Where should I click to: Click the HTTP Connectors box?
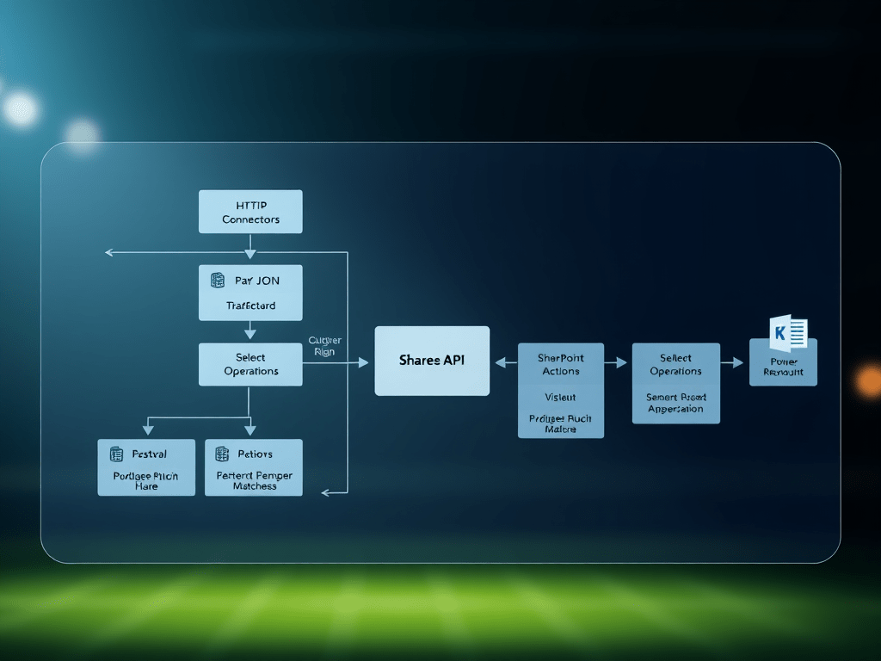tap(250, 212)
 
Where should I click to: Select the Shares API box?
tap(432, 361)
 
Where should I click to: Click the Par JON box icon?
tap(218, 281)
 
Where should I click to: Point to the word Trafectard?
tap(251, 306)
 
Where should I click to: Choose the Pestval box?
tap(146, 467)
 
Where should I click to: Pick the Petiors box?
tap(254, 467)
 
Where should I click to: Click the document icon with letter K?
tap(788, 332)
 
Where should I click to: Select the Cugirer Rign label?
tap(324, 346)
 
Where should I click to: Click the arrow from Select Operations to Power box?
tap(732, 363)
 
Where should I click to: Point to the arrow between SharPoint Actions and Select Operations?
tap(617, 363)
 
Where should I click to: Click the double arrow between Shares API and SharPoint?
tap(504, 363)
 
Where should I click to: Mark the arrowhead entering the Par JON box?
tap(250, 255)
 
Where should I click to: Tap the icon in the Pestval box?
tap(117, 454)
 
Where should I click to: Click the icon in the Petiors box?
tap(222, 454)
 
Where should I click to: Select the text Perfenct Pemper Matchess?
tap(255, 480)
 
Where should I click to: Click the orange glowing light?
tap(870, 380)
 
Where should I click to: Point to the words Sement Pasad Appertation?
tap(675, 403)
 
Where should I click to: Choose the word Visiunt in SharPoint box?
tap(560, 397)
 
